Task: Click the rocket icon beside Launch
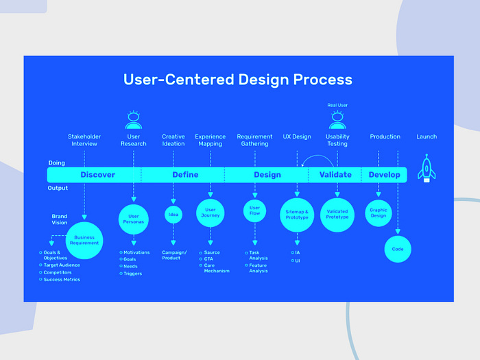point(427,168)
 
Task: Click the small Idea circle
point(173,215)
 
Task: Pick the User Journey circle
point(211,213)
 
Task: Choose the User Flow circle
point(255,210)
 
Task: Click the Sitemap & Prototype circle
point(297,215)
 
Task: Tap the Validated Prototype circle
point(337,215)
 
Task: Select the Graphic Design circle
point(379,213)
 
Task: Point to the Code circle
point(398,249)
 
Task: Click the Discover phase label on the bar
point(97,175)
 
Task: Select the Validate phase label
point(335,175)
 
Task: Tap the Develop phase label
point(384,175)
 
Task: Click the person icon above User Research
point(134,121)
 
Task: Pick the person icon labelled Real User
point(337,121)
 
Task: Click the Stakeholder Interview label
point(84,140)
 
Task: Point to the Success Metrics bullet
point(62,280)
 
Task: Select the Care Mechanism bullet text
point(217,267)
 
